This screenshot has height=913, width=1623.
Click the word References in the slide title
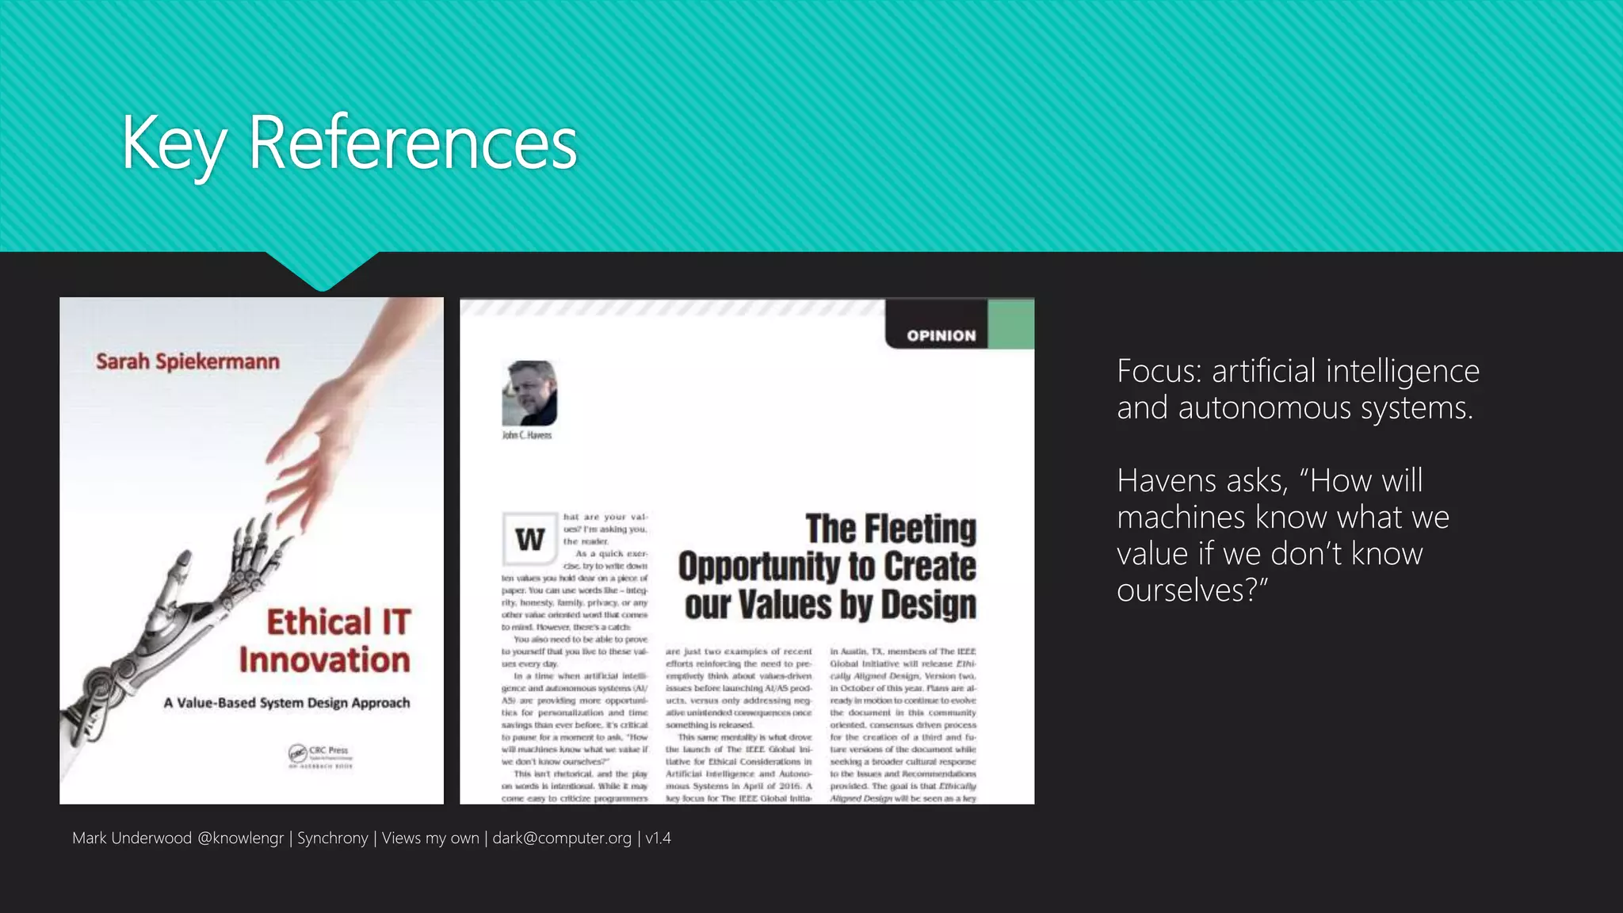pos(412,143)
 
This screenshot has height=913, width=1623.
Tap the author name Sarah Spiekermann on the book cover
pos(188,362)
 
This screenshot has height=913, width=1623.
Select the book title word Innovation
pos(325,660)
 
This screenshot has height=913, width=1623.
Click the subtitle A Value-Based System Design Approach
pos(287,703)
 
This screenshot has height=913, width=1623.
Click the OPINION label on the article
pos(941,336)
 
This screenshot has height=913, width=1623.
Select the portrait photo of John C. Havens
pos(529,393)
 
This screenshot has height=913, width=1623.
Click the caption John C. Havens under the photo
pos(527,435)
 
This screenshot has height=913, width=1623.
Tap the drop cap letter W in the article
pos(529,540)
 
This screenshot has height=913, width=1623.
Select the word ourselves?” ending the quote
pos(1192,590)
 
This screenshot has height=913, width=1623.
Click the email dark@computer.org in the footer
pos(562,839)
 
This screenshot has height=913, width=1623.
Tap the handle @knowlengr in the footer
pos(240,839)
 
